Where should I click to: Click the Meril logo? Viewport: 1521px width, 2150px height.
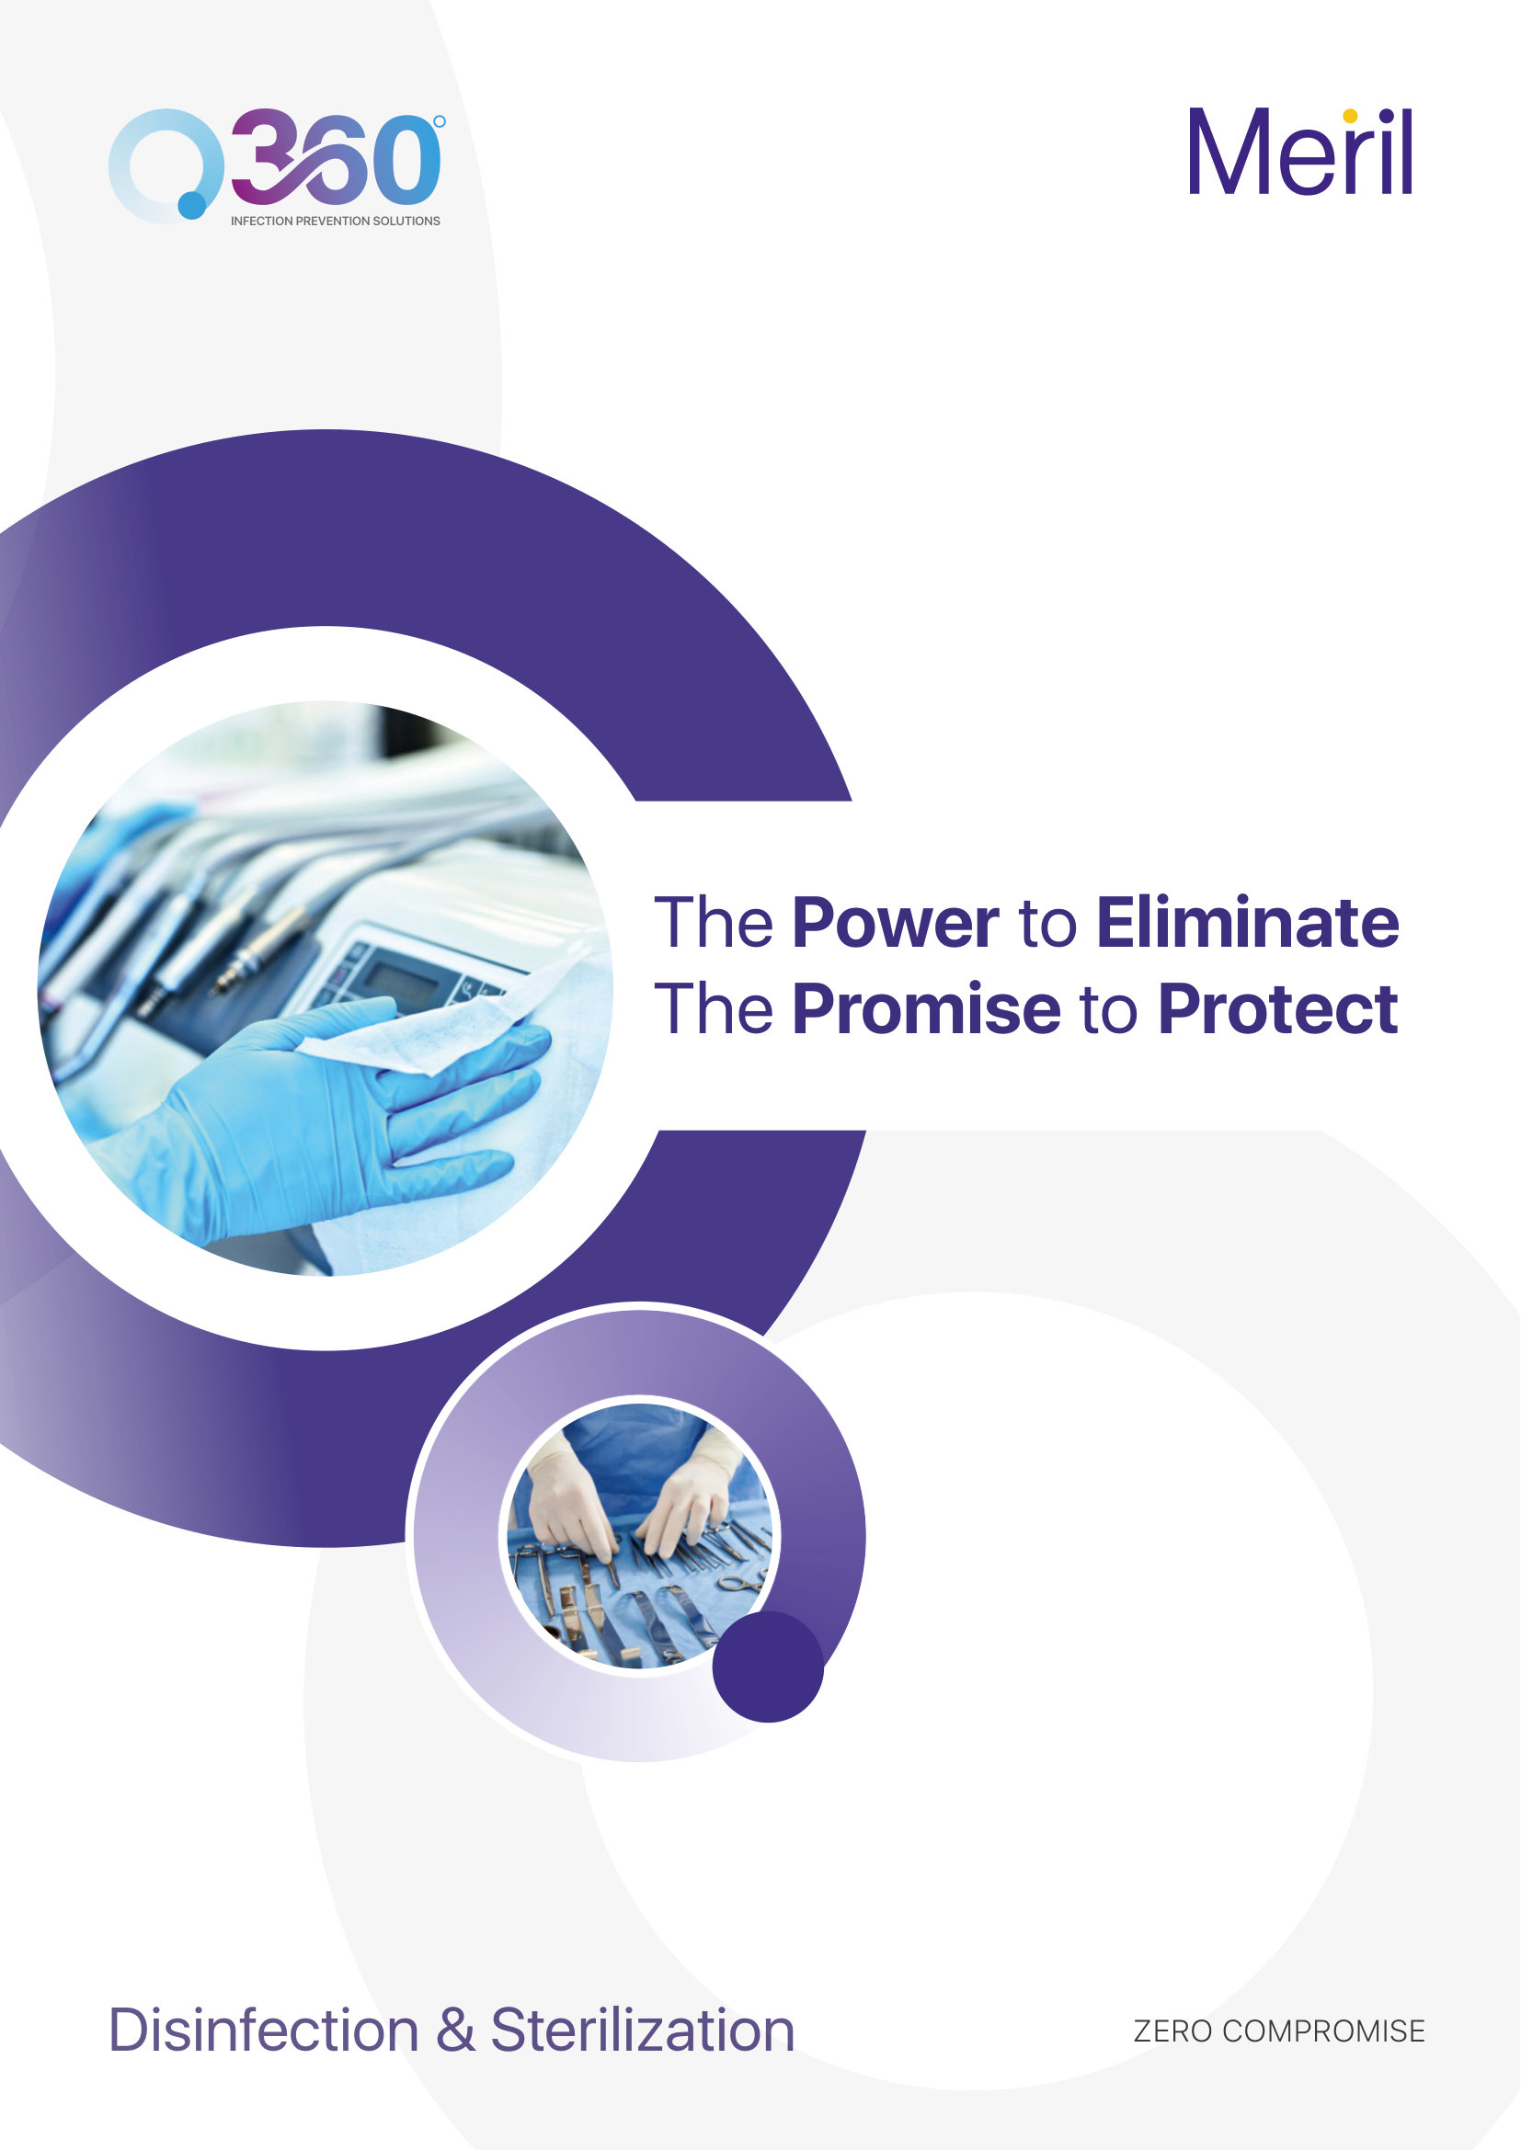1300,152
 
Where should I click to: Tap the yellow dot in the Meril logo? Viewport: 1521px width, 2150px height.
1350,116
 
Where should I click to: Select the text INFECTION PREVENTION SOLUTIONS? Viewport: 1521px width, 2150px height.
336,221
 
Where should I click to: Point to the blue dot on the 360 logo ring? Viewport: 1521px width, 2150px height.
192,204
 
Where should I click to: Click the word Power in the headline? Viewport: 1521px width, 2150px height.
896,923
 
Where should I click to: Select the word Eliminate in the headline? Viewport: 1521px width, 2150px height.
1248,923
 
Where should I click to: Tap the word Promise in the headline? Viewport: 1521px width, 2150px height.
926,1009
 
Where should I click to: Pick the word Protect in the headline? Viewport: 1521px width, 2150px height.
1277,1009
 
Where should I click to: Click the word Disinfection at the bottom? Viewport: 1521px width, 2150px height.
263,2031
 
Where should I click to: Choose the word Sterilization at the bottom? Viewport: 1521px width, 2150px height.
643,2031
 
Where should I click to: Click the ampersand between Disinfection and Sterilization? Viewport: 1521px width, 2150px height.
455,2031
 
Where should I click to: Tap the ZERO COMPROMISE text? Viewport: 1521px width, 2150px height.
1278,2031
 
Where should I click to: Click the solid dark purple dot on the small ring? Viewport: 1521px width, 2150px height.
767,1667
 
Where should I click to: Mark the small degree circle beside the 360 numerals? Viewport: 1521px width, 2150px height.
440,121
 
